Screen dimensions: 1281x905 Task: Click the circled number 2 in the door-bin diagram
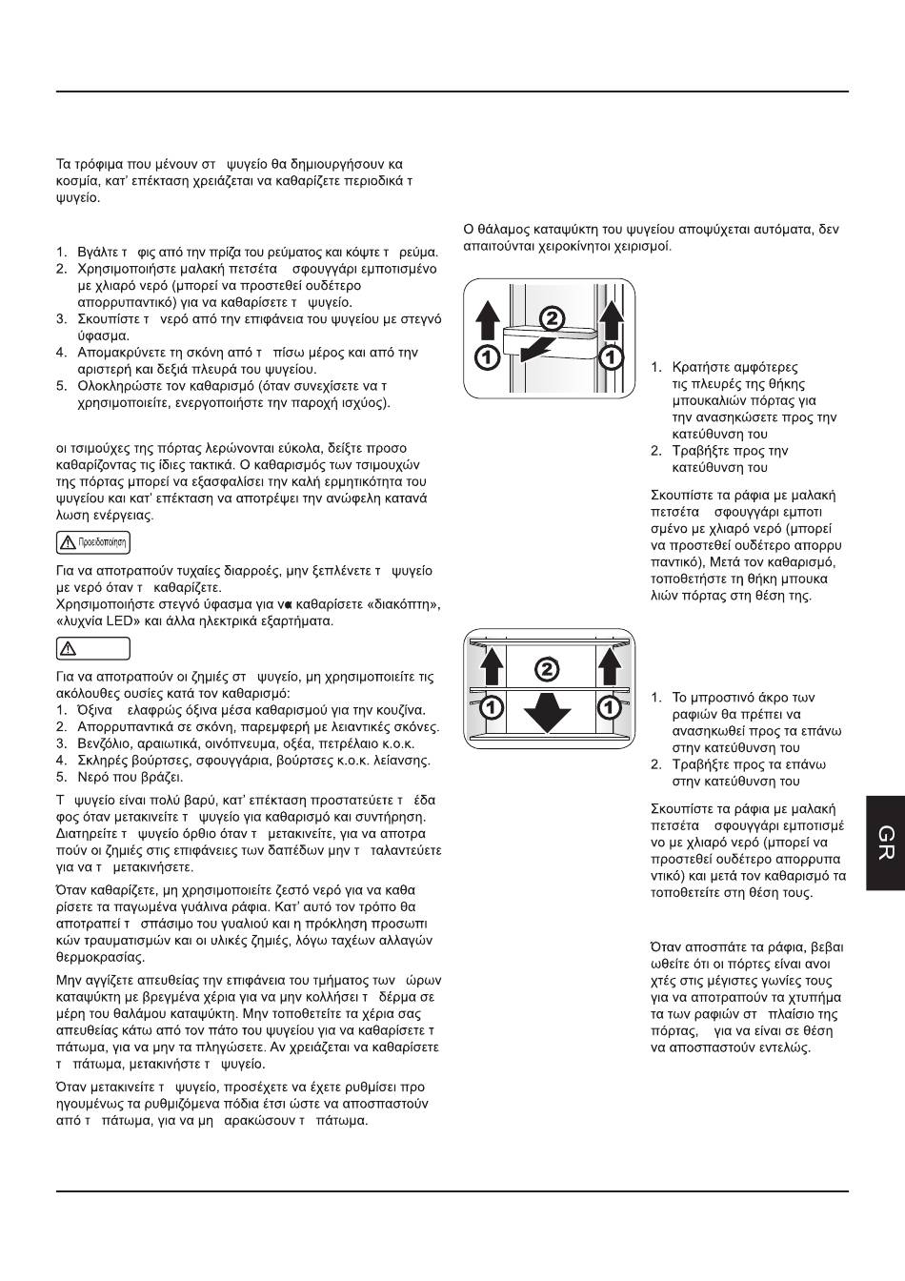tap(553, 317)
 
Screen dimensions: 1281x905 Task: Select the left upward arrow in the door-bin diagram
tap(486, 320)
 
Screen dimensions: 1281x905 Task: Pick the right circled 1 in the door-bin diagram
tap(611, 357)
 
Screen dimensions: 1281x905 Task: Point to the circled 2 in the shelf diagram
tap(547, 669)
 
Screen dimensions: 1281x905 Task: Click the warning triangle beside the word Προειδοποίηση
tap(68, 542)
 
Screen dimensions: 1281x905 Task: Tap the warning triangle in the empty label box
tap(68, 648)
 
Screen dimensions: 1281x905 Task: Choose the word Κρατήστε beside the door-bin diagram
tap(701, 367)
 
